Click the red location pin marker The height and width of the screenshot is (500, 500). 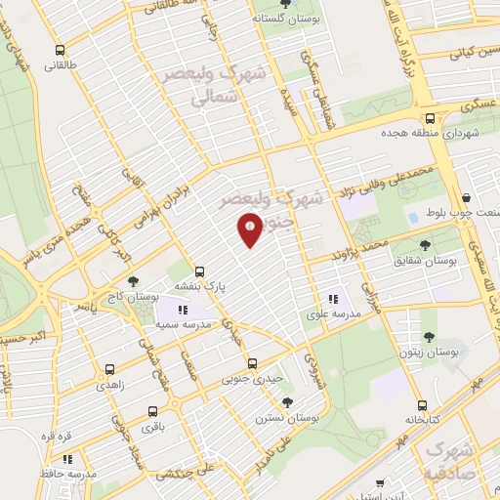tap(250, 229)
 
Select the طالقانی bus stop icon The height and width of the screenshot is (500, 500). tap(61, 51)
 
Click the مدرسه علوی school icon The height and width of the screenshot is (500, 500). tap(333, 299)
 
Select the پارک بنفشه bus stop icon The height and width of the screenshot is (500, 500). tap(200, 271)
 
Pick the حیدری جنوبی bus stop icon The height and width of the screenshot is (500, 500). tap(252, 362)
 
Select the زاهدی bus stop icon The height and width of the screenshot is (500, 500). tap(108, 370)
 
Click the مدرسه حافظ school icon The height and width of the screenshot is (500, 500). tap(67, 458)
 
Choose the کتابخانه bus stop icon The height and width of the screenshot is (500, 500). tap(421, 404)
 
